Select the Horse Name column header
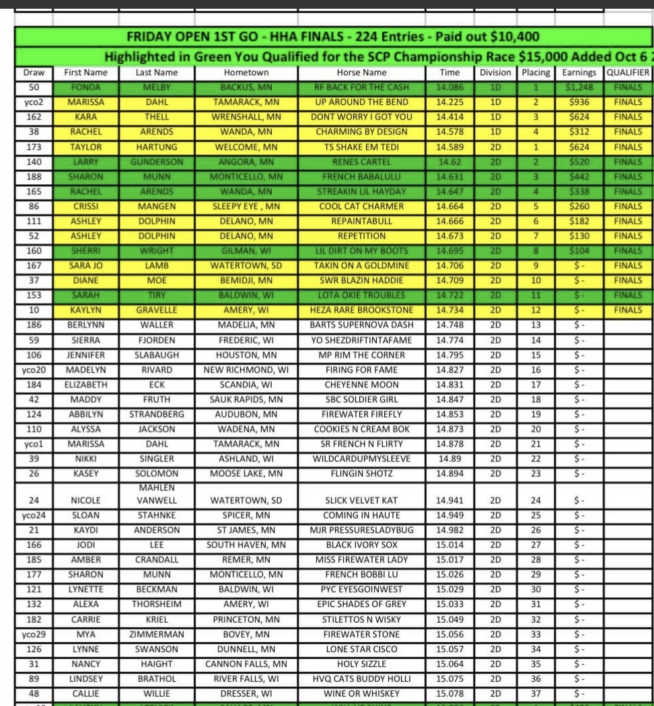click(x=361, y=73)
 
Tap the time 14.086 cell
click(x=449, y=87)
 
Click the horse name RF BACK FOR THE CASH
click(x=361, y=87)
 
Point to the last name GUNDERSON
click(x=156, y=162)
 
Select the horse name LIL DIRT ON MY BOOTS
click(x=361, y=251)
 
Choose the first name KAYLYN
click(x=85, y=310)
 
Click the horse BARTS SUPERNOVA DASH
click(x=361, y=325)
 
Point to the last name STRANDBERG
click(x=156, y=414)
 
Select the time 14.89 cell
click(x=449, y=459)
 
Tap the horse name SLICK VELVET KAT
click(x=361, y=500)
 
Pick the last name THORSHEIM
click(x=156, y=604)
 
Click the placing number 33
click(x=536, y=634)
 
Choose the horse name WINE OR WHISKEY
click(x=361, y=693)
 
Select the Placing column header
click(x=536, y=73)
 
